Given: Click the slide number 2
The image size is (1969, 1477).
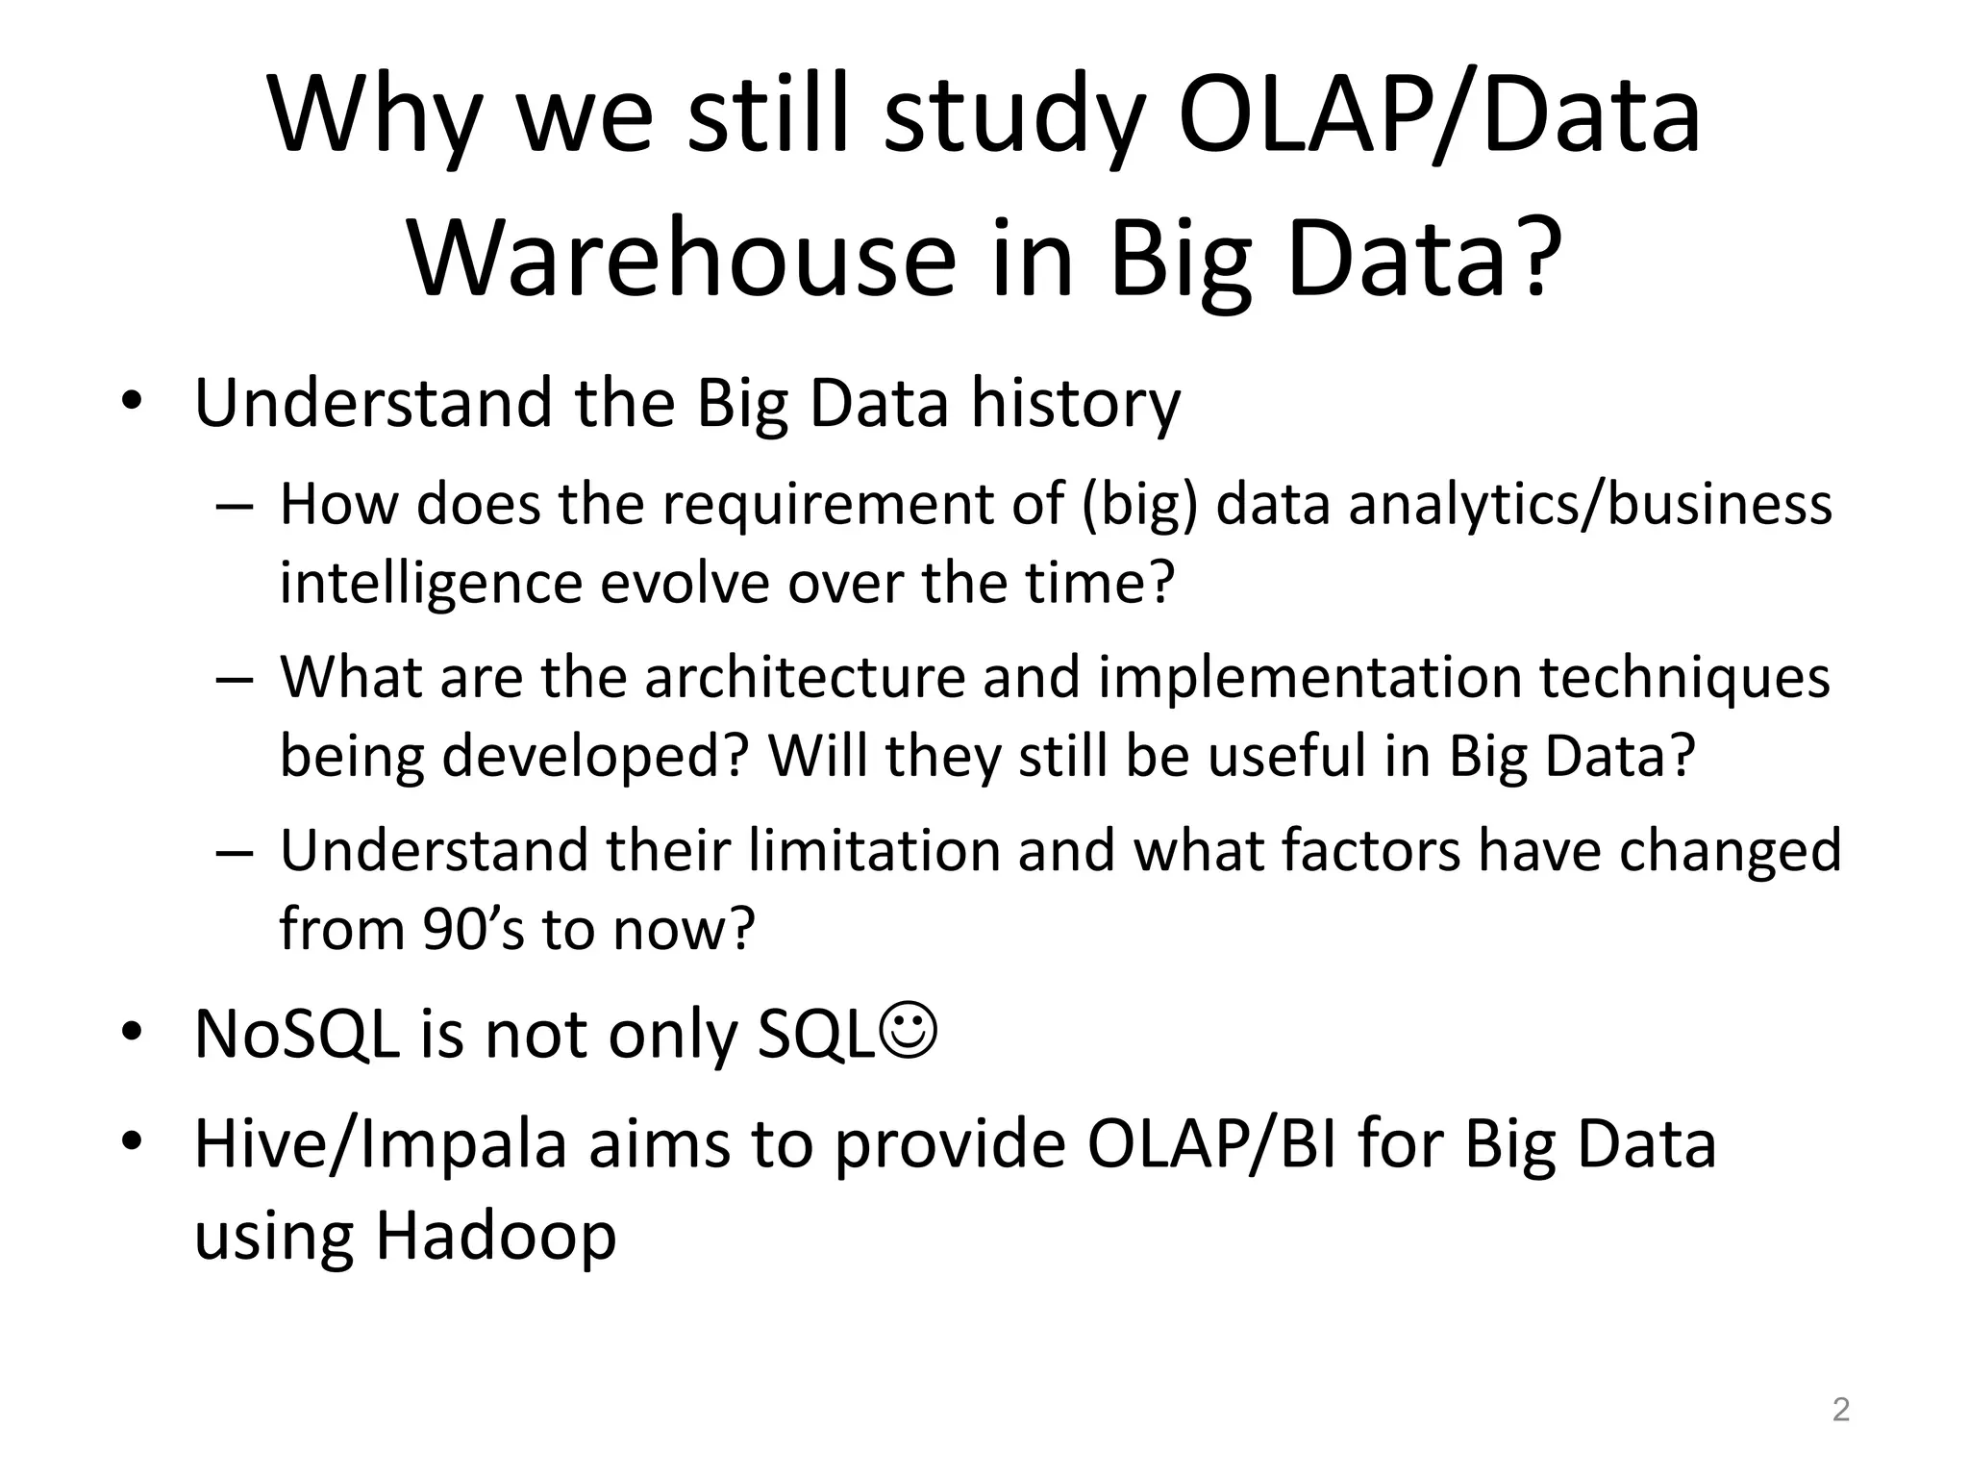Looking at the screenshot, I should click(1840, 1410).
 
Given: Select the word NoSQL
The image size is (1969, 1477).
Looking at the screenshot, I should click(296, 1036).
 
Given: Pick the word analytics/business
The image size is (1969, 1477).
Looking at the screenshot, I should click(1590, 505).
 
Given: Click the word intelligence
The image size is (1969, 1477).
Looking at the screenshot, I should click(431, 584).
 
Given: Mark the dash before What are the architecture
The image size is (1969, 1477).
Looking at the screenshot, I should click(235, 679).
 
